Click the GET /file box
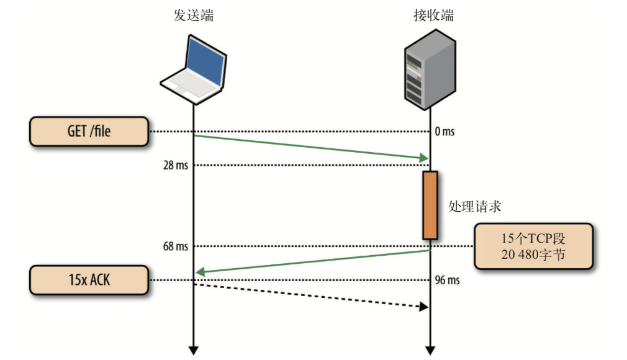tap(89, 131)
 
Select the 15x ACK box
tap(89, 280)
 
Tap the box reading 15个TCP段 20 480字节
tap(533, 246)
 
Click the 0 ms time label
tap(444, 131)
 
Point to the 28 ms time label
tap(176, 165)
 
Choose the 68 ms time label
tap(176, 246)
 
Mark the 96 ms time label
tap(447, 280)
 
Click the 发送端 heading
tap(194, 16)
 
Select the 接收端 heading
tap(434, 16)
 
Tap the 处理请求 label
tap(475, 207)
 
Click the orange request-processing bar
tap(430, 205)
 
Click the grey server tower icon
tap(430, 69)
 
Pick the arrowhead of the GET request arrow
tap(425, 158)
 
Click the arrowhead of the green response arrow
tap(200, 272)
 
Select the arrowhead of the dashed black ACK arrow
tap(424, 307)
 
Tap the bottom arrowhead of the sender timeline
tap(194, 351)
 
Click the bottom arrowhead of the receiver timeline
tap(430, 351)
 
